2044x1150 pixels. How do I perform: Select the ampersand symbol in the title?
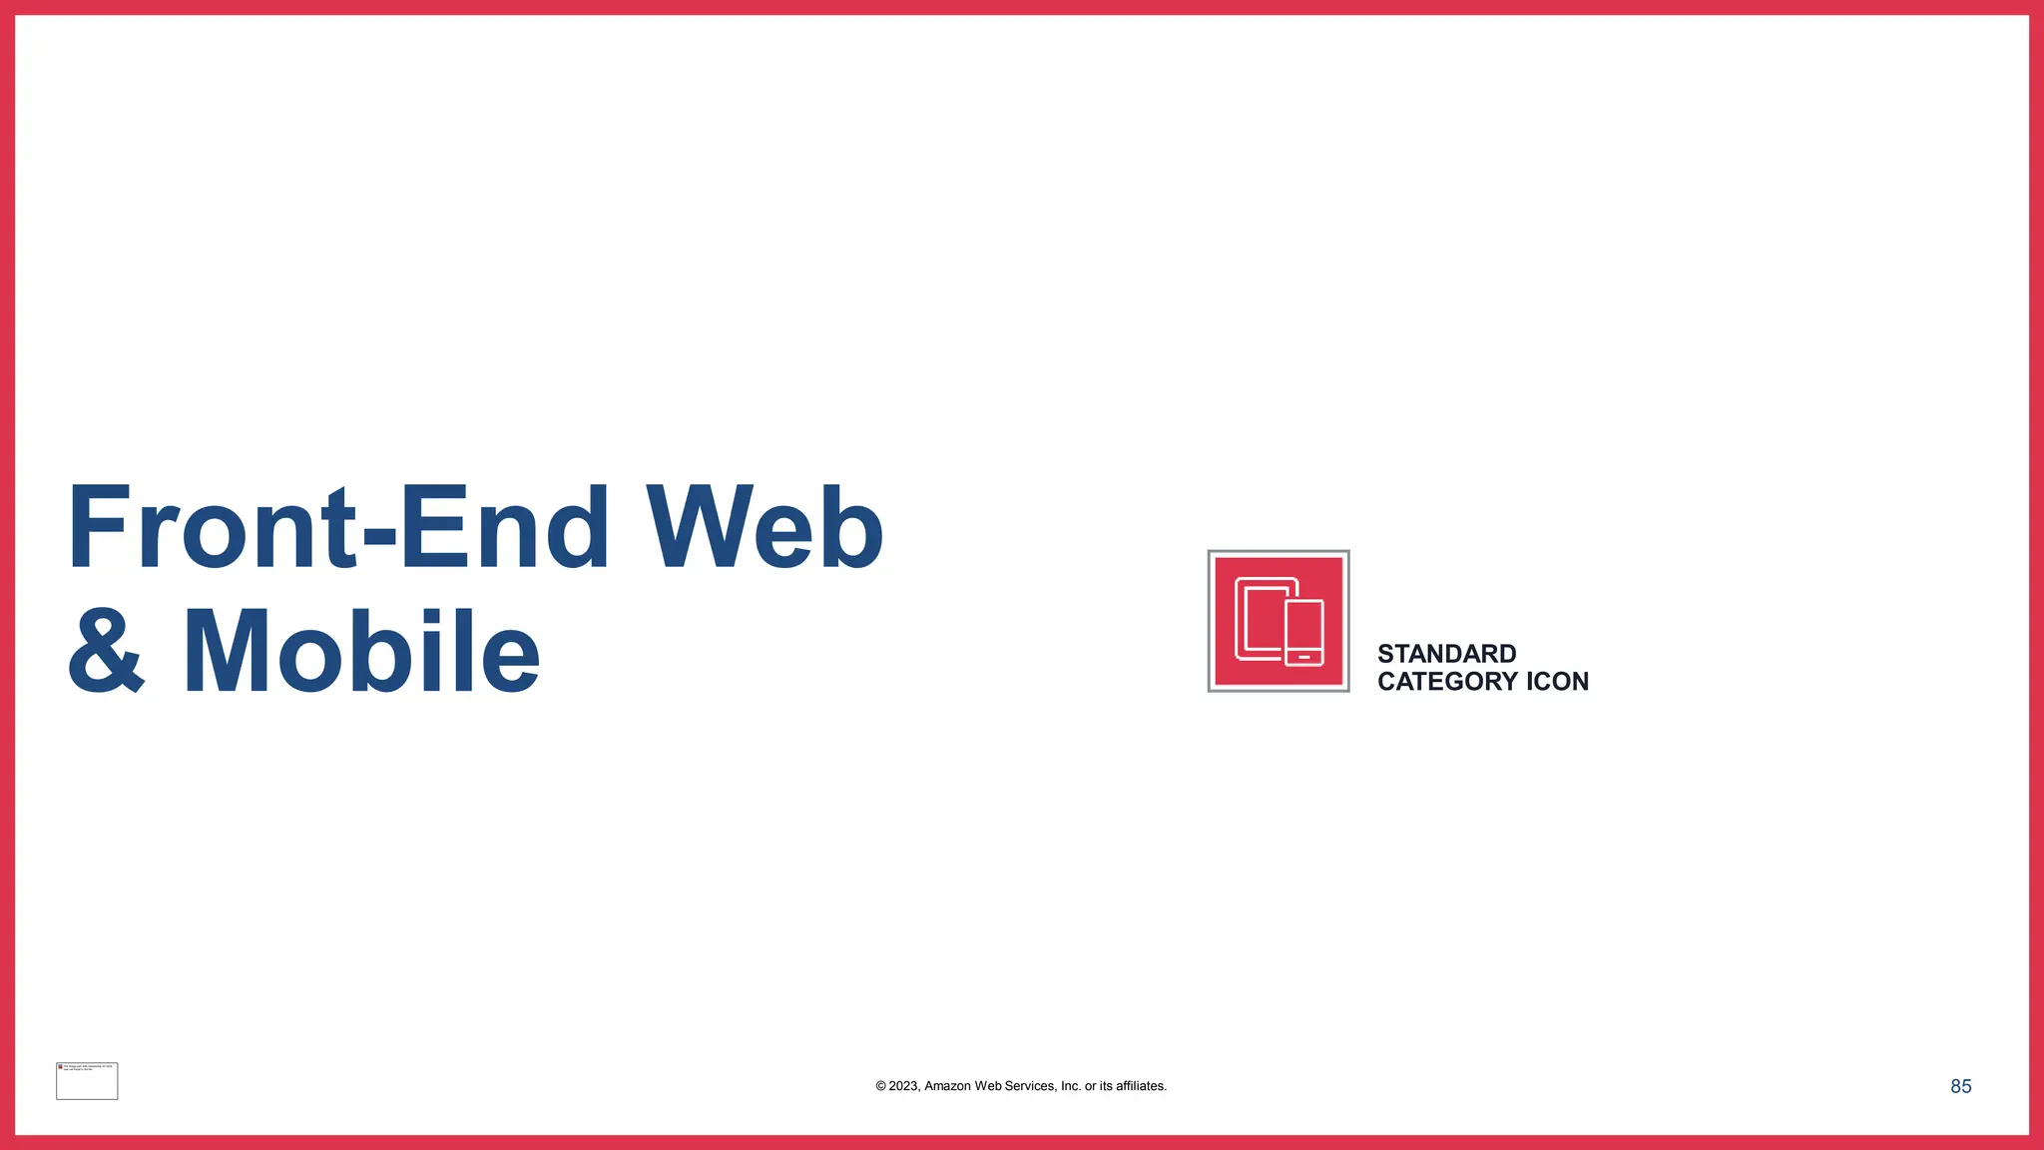[x=106, y=651]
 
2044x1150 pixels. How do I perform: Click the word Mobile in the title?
[x=361, y=652]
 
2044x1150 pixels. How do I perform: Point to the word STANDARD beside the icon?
[x=1446, y=654]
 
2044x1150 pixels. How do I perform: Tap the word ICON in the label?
[x=1557, y=682]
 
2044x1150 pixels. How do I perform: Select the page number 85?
[x=1960, y=1086]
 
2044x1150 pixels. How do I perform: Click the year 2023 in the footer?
[x=903, y=1086]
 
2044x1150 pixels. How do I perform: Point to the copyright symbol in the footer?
[x=880, y=1086]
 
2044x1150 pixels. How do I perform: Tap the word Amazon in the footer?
[x=947, y=1086]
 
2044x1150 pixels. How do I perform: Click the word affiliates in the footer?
[x=1140, y=1086]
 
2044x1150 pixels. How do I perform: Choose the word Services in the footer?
[x=1030, y=1086]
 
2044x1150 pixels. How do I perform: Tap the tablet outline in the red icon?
[x=1258, y=619]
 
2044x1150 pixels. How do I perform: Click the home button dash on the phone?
[x=1304, y=657]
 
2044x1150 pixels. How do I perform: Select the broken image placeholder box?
[x=87, y=1081]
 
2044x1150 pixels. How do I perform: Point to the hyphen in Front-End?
[x=379, y=537]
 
